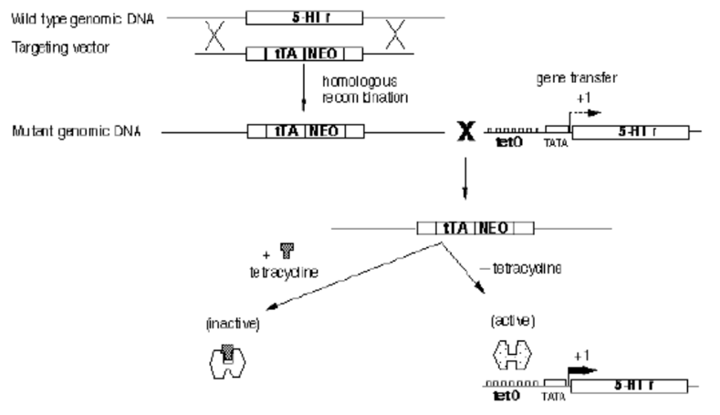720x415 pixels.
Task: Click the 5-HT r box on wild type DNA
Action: coord(305,16)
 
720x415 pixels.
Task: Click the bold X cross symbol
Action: coord(465,133)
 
